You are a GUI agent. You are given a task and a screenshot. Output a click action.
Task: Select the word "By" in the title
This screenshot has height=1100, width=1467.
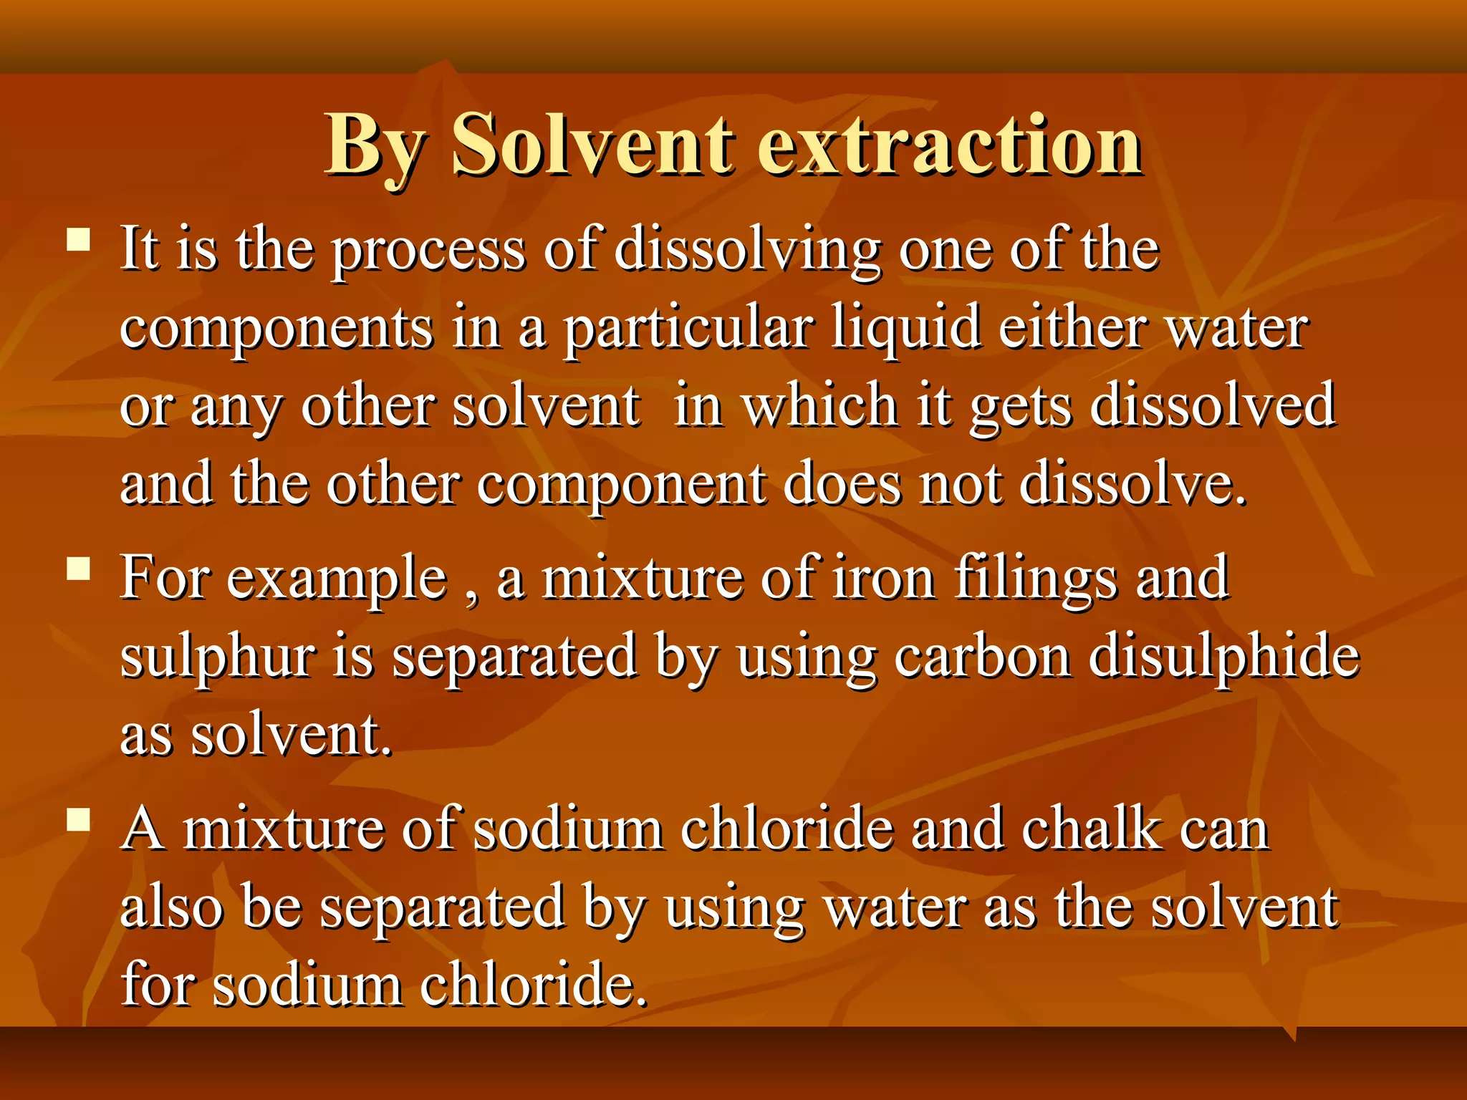pos(374,147)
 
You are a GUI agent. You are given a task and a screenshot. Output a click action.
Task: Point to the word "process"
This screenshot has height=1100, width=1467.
pos(429,251)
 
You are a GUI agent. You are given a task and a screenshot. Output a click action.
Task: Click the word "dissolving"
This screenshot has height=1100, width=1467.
pos(747,251)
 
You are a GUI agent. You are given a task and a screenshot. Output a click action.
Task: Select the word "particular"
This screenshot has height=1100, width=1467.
pos(688,329)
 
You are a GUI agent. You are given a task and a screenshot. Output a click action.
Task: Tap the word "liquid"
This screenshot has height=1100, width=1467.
pos(905,329)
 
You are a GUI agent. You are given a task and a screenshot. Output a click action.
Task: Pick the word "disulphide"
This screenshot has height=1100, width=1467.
pos(1223,657)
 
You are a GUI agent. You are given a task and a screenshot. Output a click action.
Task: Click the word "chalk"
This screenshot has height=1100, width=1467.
pos(1092,829)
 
